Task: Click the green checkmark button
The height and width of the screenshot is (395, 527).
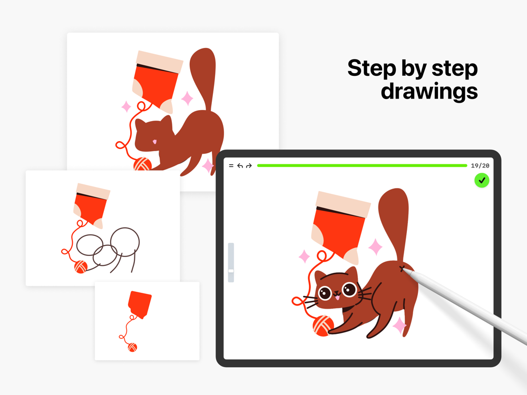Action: (482, 180)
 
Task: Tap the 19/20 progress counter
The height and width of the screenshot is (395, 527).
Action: (480, 165)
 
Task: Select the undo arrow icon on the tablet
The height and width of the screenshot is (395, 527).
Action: (240, 165)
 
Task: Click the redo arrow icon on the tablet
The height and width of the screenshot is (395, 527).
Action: (249, 165)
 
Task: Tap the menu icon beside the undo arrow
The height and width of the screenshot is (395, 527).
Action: (231, 165)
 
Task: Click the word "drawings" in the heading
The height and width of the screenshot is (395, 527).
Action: (429, 91)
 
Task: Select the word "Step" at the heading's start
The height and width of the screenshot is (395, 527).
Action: (372, 68)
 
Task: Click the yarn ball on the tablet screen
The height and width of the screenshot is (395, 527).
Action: (323, 325)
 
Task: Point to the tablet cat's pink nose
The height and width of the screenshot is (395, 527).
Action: (337, 297)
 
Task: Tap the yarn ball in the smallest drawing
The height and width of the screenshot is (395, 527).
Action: (132, 347)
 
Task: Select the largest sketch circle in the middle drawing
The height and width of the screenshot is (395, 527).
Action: (125, 242)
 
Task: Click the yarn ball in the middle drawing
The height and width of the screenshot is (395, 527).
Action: (81, 267)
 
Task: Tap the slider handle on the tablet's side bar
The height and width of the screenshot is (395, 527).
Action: (231, 271)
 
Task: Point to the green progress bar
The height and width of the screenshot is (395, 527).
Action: (362, 165)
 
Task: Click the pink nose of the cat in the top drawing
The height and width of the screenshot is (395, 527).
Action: (154, 142)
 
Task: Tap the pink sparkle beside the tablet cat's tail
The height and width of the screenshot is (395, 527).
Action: (375, 247)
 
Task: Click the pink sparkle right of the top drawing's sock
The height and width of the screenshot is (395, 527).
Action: (187, 98)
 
